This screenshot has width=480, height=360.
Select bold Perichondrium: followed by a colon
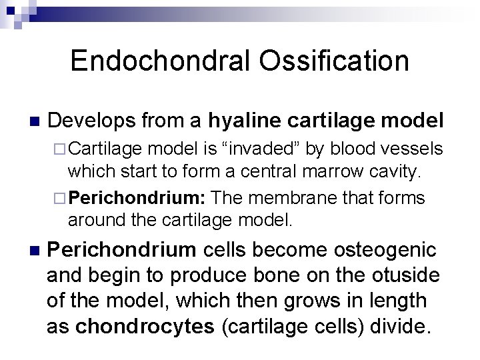tap(139, 199)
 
